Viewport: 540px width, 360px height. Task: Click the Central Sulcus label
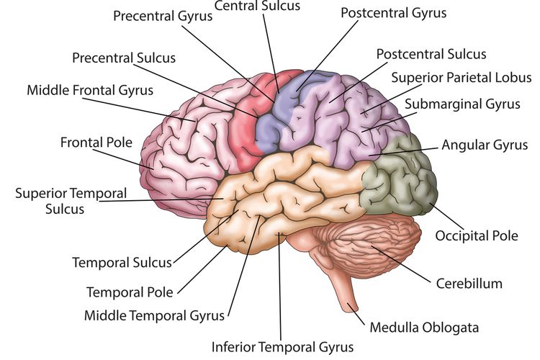pos(257,6)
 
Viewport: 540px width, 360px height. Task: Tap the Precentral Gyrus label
pos(163,16)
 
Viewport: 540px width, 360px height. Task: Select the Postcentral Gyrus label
pos(393,13)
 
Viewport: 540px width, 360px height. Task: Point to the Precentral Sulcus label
pos(124,58)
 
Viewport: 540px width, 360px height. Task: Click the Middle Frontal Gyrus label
pos(90,90)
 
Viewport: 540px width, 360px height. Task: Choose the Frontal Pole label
pos(96,143)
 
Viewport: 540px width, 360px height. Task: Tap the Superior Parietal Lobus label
pos(461,78)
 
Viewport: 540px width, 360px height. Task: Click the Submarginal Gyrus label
pos(462,104)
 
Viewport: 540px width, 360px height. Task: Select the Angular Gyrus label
pos(485,145)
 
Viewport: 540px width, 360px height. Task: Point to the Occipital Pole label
pos(477,235)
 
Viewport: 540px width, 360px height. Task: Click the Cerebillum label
pos(469,284)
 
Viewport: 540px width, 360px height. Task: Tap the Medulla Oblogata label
pos(424,328)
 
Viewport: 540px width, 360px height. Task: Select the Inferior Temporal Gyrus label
pos(282,347)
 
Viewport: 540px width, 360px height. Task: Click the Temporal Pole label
pos(130,292)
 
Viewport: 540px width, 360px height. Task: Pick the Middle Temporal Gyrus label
pos(154,315)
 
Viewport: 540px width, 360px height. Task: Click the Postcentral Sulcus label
pos(431,54)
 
